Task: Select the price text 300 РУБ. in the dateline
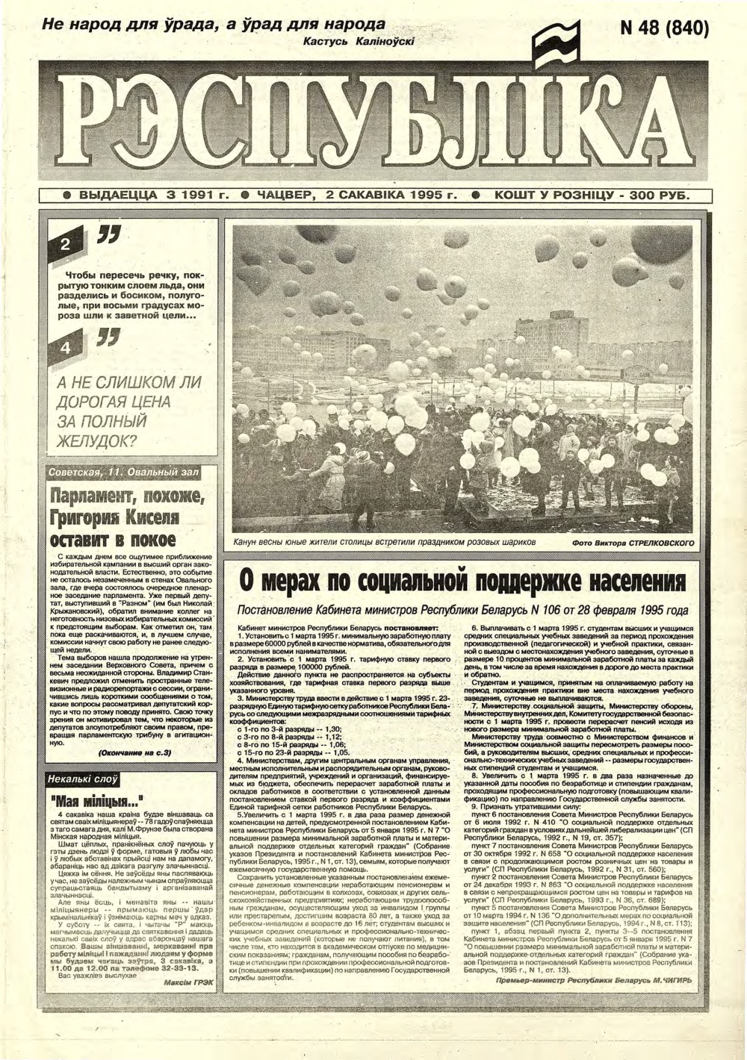click(657, 196)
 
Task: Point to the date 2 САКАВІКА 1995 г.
click(388, 196)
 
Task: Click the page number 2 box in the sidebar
click(65, 246)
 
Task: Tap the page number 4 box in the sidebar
click(65, 349)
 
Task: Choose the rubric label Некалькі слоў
click(82, 779)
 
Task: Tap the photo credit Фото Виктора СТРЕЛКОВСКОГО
click(633, 543)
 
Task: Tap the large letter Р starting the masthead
click(95, 123)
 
